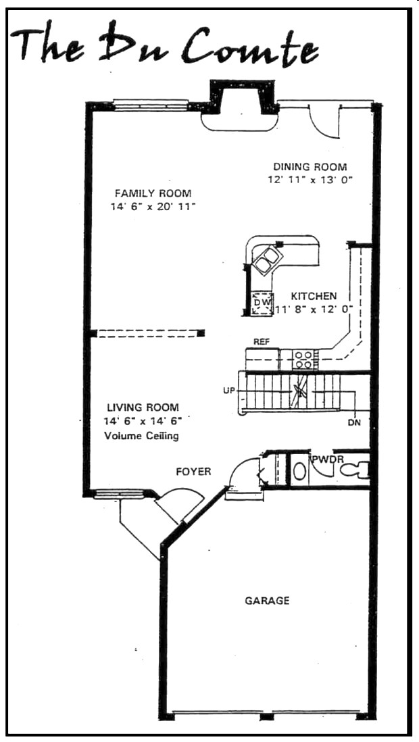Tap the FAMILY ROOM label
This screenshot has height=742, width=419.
tap(153, 193)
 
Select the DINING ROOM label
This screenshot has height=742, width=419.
tap(310, 167)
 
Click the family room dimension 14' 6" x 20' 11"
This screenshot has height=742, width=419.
tap(153, 207)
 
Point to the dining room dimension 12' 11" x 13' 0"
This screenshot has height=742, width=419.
tap(310, 180)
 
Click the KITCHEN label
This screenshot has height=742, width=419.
tap(314, 296)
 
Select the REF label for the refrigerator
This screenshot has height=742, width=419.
tap(262, 342)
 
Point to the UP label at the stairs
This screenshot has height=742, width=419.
tap(228, 391)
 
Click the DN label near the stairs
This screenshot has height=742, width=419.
tap(354, 423)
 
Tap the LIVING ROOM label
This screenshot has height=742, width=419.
tap(143, 407)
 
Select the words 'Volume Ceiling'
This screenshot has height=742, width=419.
tap(142, 436)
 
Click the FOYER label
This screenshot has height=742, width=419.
tap(193, 471)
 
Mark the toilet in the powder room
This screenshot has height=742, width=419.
tap(354, 468)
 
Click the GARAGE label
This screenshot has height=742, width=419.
tap(267, 600)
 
